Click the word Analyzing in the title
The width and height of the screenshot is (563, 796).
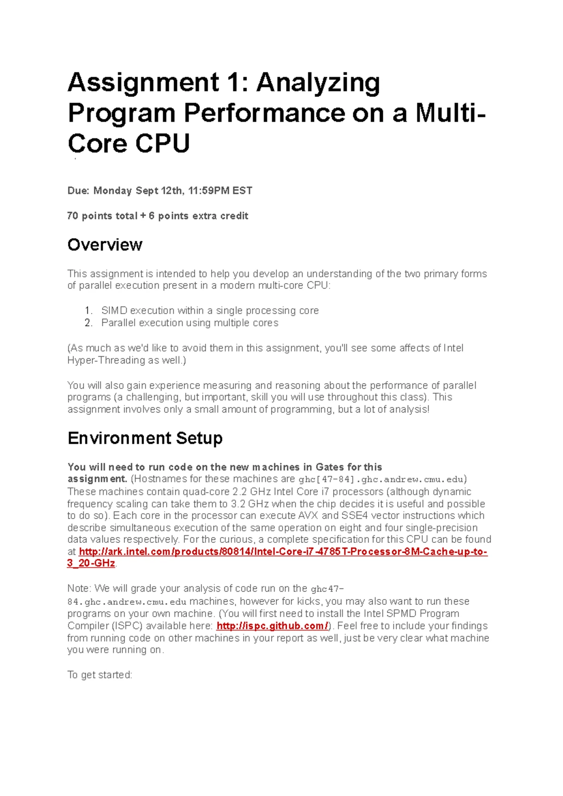point(318,83)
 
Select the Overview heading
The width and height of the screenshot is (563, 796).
point(105,245)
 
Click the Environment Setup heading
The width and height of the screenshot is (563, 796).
point(145,438)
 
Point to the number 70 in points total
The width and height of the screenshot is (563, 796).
point(73,216)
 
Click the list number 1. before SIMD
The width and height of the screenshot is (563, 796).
point(89,311)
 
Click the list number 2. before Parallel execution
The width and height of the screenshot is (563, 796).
point(89,323)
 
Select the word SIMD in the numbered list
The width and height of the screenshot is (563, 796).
point(114,311)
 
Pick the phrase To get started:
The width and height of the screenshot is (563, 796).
point(100,675)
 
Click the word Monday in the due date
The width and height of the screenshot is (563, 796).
point(113,191)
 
